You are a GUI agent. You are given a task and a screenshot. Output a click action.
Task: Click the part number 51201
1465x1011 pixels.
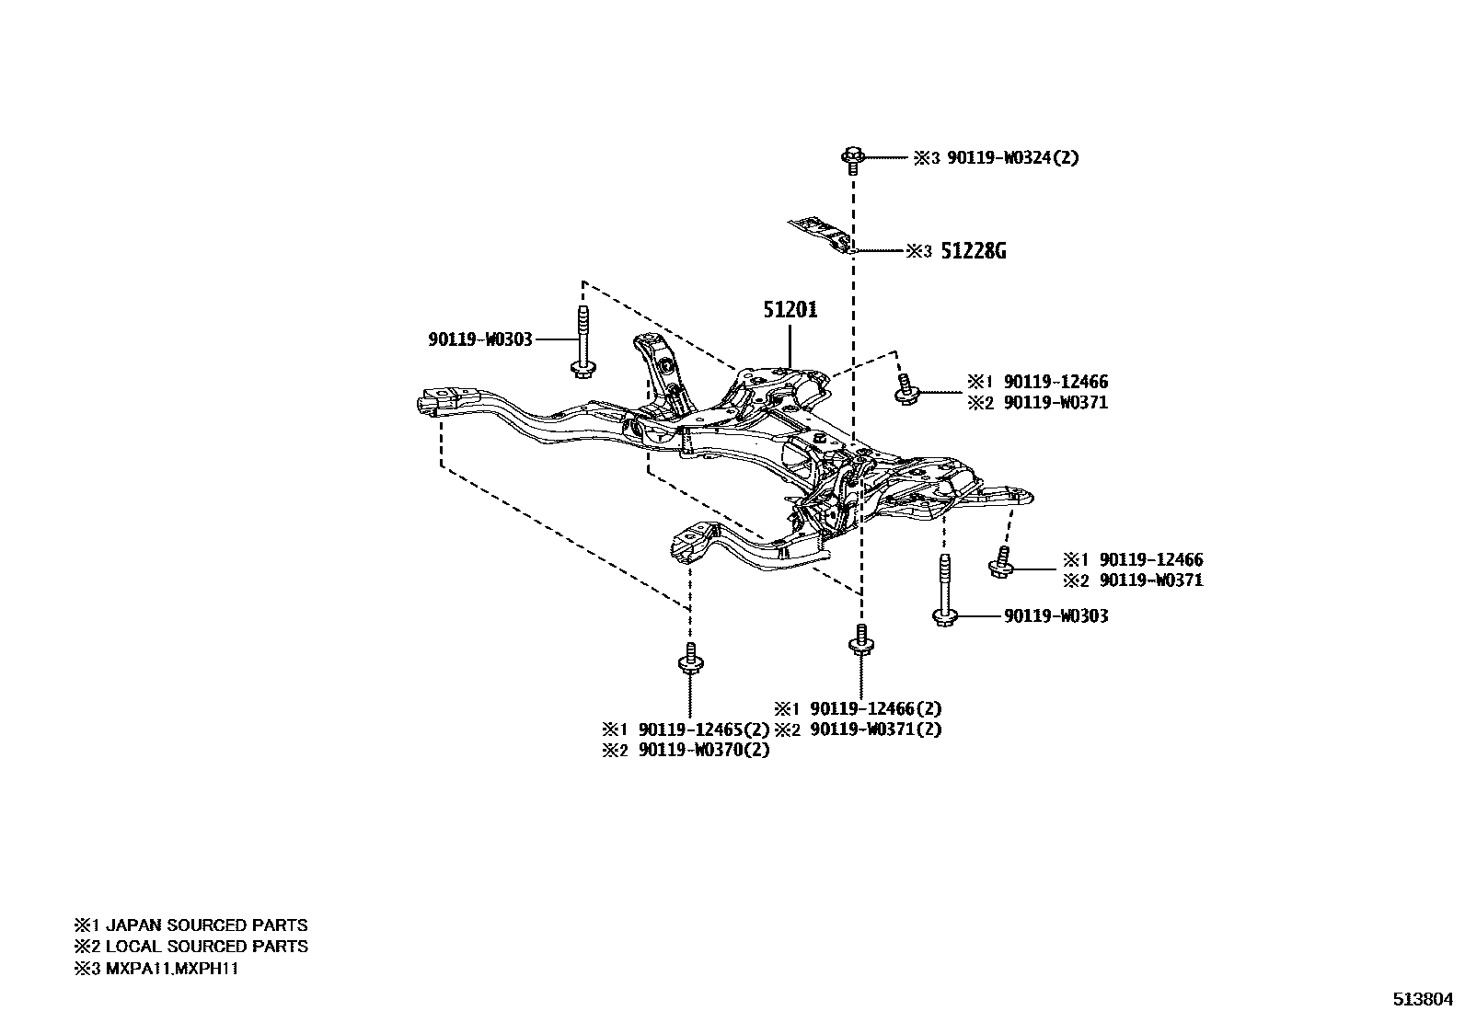point(790,310)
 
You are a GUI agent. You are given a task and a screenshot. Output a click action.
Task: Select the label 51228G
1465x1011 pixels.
point(973,251)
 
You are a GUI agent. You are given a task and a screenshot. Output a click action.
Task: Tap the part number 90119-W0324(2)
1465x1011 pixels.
point(1012,157)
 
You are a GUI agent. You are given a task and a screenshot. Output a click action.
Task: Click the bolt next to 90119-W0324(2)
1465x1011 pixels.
point(851,160)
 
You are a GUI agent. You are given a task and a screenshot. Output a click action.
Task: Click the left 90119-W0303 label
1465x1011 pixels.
point(479,339)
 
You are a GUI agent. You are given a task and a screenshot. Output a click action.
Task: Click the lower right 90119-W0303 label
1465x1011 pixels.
point(1055,615)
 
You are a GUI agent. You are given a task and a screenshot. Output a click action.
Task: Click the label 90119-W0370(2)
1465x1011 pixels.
point(704,750)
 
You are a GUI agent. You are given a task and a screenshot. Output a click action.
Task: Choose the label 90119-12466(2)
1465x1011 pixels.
point(876,709)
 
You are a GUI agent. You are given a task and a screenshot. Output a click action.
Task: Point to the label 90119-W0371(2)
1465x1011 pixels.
point(876,730)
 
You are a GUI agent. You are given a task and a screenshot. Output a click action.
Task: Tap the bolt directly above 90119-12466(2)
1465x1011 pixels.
point(859,642)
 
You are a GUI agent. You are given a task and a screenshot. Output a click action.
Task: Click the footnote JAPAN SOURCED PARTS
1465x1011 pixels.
point(206,925)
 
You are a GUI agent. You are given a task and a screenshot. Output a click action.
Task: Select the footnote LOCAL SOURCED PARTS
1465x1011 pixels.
point(206,947)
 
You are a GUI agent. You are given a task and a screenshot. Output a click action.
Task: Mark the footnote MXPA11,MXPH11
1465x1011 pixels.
point(172,969)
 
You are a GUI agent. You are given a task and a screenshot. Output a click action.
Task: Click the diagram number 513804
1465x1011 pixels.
point(1421,999)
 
